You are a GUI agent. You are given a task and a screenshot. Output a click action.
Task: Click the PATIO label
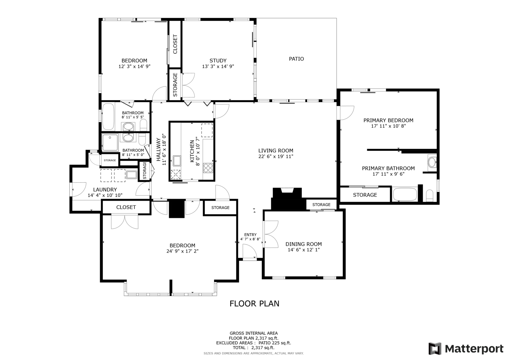click(296, 59)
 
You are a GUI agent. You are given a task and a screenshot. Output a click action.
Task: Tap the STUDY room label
click(218, 60)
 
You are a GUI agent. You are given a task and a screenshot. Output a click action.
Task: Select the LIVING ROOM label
click(275, 151)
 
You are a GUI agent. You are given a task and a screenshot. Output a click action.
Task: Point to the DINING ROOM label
click(303, 244)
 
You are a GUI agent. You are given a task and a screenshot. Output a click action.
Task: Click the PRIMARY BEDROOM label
click(388, 120)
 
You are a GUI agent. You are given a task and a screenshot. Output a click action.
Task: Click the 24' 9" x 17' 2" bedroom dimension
click(182, 251)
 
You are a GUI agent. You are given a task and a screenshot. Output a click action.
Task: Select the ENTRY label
click(250, 235)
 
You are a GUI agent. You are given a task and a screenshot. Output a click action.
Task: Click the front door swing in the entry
click(250, 251)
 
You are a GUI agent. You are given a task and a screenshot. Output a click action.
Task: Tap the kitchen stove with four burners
click(208, 168)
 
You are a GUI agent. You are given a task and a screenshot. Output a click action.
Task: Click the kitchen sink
click(177, 160)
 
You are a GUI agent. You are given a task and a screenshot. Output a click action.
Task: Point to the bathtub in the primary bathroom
click(405, 194)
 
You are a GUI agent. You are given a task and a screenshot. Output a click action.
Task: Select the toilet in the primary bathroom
click(429, 195)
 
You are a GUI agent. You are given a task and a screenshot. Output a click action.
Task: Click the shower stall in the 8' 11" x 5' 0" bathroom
click(110, 143)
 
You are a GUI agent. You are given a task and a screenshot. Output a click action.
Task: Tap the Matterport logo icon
click(435, 349)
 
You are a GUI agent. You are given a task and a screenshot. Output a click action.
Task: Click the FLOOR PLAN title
click(254, 304)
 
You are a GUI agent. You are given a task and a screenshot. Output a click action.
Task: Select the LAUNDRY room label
click(105, 189)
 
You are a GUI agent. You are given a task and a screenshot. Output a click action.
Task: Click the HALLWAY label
click(158, 149)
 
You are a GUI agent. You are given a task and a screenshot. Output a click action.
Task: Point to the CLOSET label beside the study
click(175, 44)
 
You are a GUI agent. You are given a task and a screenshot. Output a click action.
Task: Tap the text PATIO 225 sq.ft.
click(275, 343)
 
